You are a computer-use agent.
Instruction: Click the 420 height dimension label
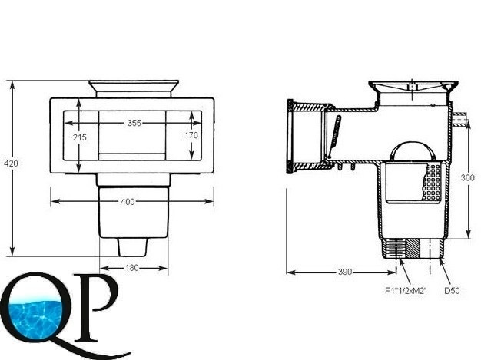11,163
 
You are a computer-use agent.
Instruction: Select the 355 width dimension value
134,123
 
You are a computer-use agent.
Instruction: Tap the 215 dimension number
80,137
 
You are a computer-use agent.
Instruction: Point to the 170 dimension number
191,135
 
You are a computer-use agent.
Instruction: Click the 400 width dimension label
128,202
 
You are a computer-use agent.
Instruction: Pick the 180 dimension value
132,268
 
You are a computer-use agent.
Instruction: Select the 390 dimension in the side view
346,272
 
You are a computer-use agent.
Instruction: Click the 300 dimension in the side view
467,177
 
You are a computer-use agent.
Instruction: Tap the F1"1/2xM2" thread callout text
406,290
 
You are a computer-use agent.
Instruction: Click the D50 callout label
452,290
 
